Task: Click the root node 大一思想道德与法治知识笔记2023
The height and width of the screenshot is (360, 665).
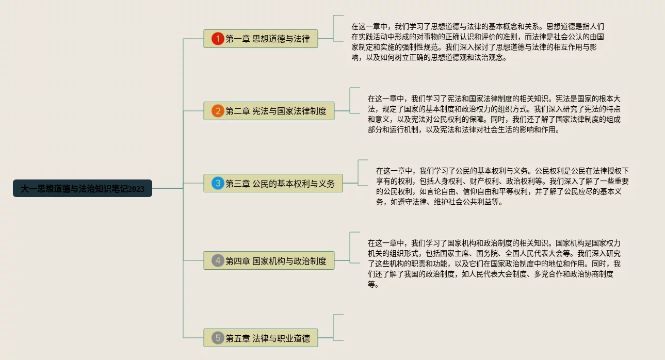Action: (x=83, y=189)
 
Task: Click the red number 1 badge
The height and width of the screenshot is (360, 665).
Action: (x=218, y=39)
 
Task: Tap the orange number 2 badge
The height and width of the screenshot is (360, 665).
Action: (x=218, y=111)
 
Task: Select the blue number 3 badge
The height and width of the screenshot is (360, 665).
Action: (x=218, y=183)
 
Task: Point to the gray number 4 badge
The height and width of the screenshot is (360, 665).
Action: (x=218, y=260)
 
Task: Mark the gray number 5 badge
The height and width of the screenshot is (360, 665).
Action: (x=218, y=338)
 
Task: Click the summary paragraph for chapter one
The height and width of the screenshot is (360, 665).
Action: (x=477, y=42)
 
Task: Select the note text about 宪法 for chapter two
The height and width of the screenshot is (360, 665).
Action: (x=494, y=114)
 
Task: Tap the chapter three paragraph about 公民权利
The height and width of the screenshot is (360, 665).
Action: (x=502, y=186)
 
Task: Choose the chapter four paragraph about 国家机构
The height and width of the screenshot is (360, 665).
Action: (x=494, y=264)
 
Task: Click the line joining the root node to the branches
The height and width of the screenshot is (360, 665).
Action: (x=168, y=189)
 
